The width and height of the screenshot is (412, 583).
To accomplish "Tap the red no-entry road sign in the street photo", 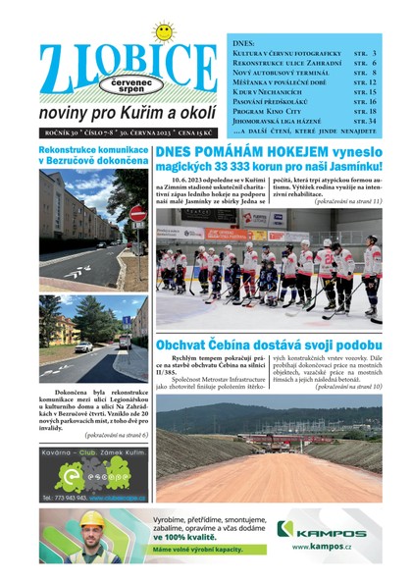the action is click(x=138, y=213).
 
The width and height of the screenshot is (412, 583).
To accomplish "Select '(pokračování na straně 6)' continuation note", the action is click(x=116, y=434).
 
